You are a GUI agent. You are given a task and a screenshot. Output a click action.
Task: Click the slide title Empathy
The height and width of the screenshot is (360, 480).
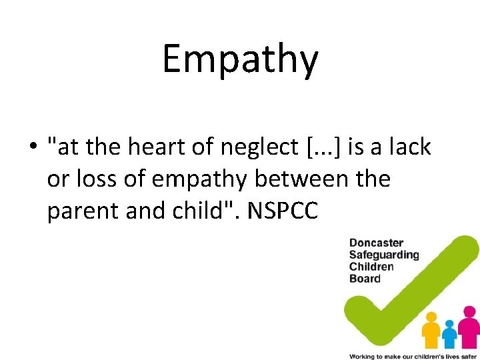(x=240, y=59)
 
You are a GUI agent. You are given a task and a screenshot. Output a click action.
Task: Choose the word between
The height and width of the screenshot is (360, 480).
(x=311, y=179)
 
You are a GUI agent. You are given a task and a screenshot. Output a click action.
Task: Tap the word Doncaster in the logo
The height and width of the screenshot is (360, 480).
(x=376, y=243)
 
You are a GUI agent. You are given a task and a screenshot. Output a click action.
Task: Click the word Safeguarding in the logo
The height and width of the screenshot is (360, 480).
(x=384, y=255)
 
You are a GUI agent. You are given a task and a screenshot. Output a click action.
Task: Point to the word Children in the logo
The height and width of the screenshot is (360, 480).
(x=371, y=267)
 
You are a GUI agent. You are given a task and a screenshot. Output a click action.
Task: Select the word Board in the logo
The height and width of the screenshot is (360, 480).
(x=365, y=279)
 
